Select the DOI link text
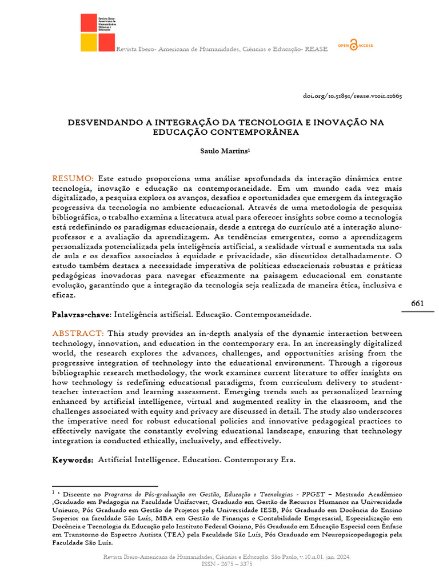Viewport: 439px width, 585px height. point(352,95)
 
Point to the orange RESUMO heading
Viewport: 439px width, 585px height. point(73,179)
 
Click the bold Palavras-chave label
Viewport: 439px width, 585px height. point(82,314)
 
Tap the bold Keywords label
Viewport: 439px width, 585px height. point(73,460)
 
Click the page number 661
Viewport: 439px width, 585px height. point(417,303)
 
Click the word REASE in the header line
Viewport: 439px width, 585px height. point(316,49)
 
